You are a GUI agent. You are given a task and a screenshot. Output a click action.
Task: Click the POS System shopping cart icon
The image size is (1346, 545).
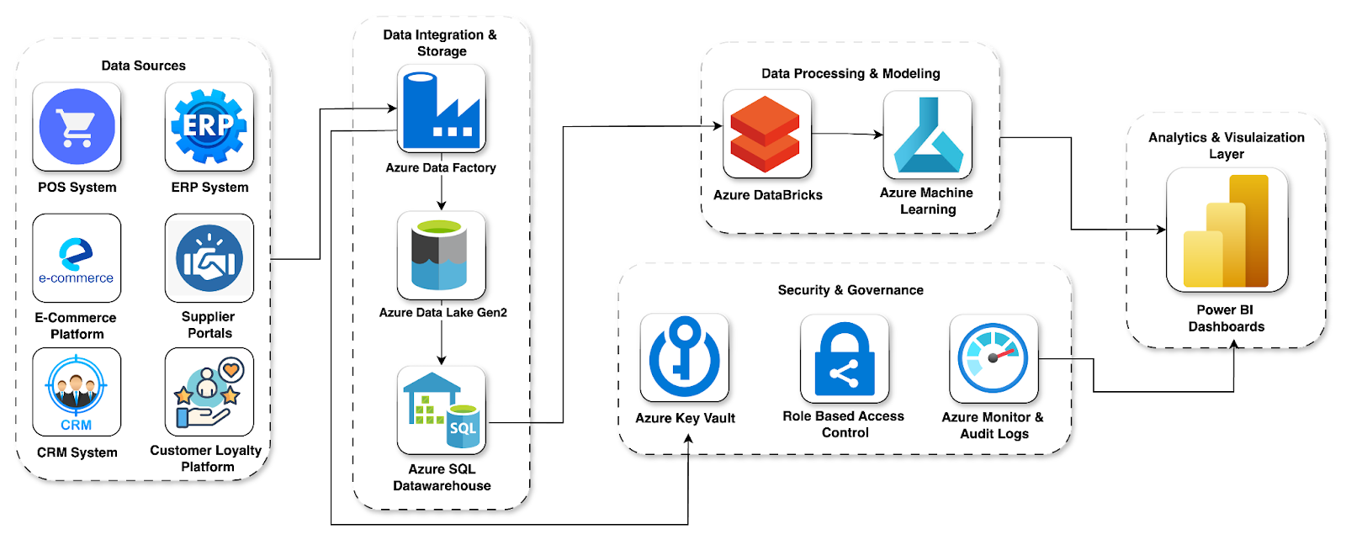pos(77,127)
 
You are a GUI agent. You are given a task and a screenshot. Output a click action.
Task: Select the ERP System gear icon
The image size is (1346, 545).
pos(209,127)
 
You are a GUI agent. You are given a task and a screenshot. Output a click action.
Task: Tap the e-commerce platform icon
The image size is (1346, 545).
pos(77,258)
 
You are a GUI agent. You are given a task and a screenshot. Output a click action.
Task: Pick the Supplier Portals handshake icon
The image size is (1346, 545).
pos(209,258)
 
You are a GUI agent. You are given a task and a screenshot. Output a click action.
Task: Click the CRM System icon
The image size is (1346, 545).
pos(77,392)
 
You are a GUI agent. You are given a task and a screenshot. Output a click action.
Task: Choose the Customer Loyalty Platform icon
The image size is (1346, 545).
pos(209,392)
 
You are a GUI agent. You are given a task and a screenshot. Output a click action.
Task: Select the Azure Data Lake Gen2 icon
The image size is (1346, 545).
pos(441,255)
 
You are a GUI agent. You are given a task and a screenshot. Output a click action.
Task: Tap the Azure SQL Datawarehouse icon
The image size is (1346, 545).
pos(441,410)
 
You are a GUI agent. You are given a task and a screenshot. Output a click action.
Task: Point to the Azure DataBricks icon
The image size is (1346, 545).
pos(766,134)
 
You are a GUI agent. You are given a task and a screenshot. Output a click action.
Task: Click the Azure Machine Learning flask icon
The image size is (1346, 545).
pos(927,135)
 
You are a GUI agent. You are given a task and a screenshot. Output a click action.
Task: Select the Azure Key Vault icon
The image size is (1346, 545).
pos(684,357)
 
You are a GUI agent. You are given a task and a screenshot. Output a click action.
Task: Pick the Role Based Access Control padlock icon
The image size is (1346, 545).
pos(844,358)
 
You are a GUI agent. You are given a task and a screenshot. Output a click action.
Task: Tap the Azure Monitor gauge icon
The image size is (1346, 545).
pos(994,358)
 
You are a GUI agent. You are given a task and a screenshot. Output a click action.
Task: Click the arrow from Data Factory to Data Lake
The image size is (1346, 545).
pos(442,193)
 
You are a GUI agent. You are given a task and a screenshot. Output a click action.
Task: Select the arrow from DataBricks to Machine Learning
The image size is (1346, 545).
pos(847,134)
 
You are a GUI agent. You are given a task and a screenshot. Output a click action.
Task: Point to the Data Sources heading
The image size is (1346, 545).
pos(143,66)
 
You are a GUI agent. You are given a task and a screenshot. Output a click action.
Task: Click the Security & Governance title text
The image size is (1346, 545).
pos(851,290)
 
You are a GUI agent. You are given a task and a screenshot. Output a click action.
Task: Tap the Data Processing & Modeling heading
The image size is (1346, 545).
pos(851,74)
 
